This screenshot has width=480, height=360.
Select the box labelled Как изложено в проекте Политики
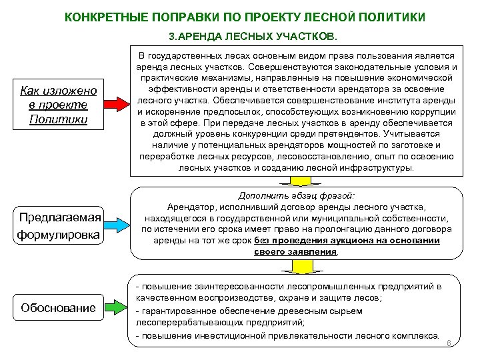(x=59, y=105)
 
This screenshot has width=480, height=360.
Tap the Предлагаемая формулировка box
(x=60, y=226)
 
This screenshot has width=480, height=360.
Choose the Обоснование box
(x=58, y=308)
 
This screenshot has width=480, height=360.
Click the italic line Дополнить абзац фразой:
(x=296, y=195)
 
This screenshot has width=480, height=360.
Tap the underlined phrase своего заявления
(x=295, y=251)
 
